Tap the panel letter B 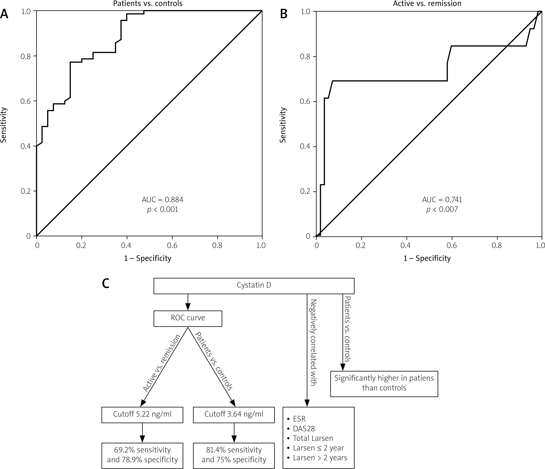click(x=284, y=14)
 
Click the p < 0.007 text click(x=442, y=209)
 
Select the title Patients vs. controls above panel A click(x=148, y=3)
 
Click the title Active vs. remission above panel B click(x=427, y=3)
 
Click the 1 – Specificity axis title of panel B click(x=427, y=258)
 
